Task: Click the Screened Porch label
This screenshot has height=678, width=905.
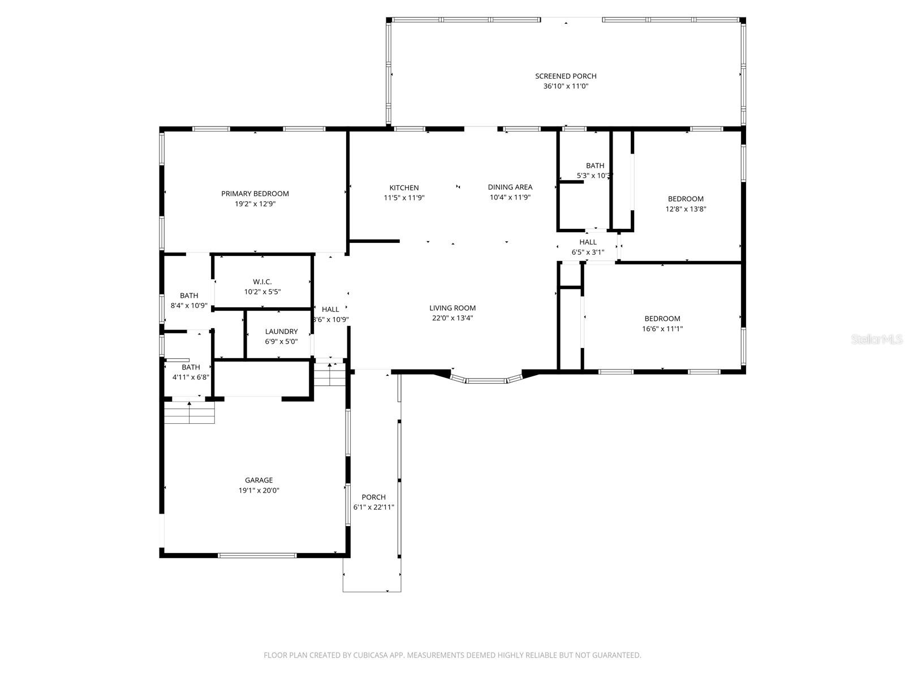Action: [566, 76]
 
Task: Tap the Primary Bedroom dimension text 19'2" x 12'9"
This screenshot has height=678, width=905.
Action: [255, 204]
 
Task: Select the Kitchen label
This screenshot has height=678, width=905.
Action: [404, 188]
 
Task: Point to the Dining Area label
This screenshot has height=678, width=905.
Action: [510, 187]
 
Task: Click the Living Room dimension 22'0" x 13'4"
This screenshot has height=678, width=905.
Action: [453, 318]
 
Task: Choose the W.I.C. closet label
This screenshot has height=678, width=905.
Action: [262, 282]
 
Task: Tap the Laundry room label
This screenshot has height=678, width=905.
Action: [281, 332]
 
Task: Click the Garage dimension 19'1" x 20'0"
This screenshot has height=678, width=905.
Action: [258, 490]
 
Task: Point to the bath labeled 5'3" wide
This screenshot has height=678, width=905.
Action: [594, 171]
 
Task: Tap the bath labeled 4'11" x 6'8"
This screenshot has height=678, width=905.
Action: [191, 372]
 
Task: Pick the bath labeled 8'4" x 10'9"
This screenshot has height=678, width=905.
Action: [189, 301]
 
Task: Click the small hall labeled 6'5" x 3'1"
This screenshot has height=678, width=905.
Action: [588, 247]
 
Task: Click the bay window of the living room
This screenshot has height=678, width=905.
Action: [486, 380]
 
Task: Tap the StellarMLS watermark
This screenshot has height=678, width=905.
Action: [877, 340]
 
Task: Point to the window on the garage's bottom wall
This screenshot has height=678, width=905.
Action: [257, 555]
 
